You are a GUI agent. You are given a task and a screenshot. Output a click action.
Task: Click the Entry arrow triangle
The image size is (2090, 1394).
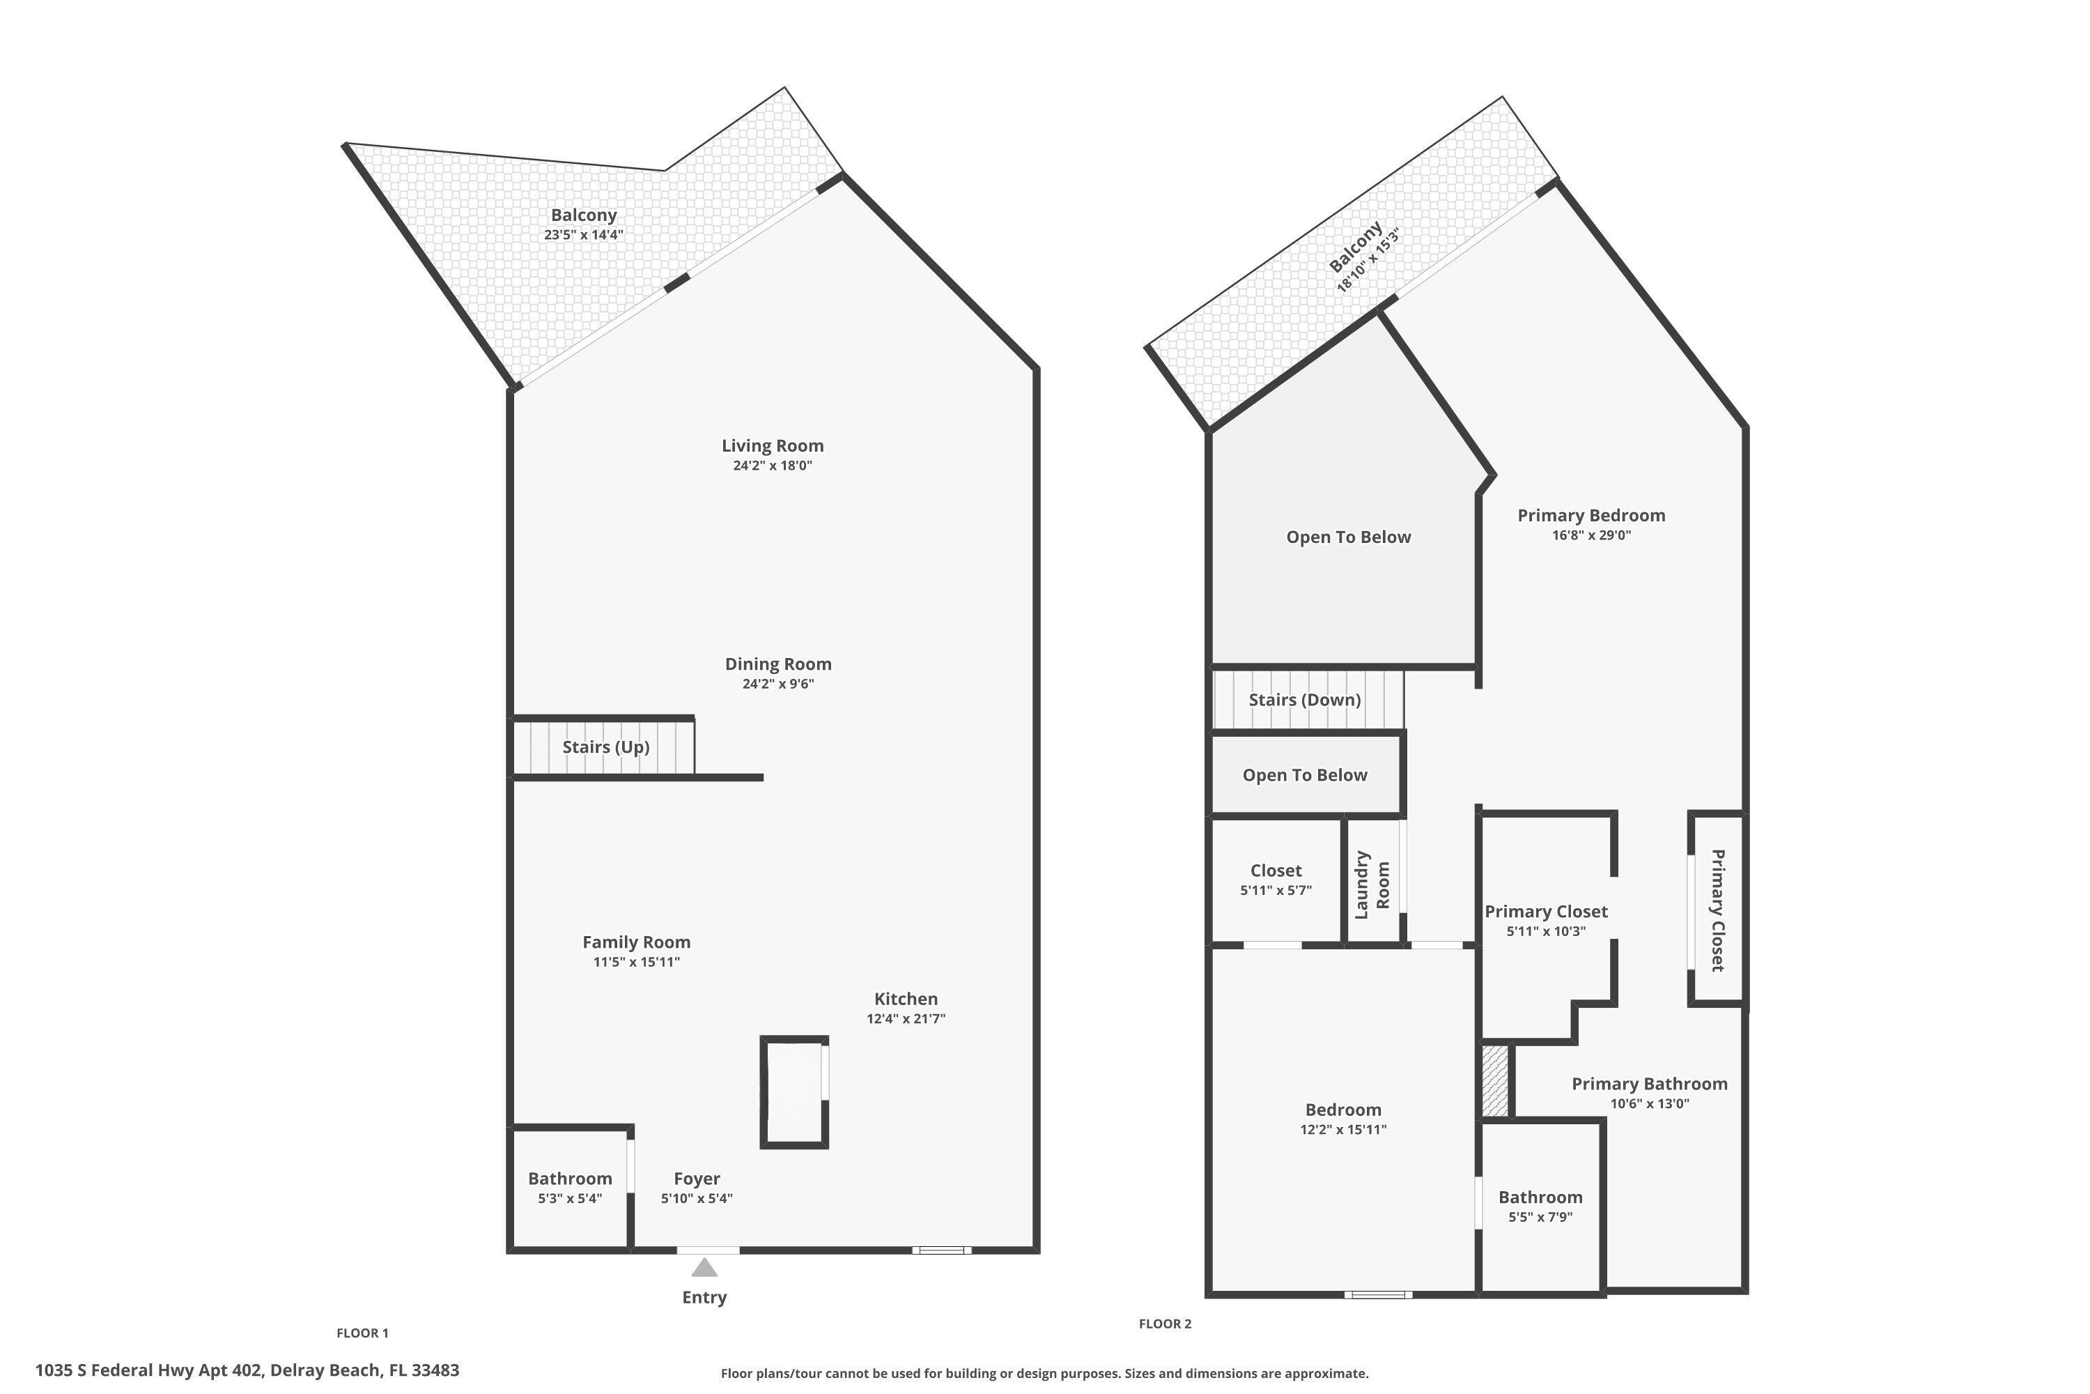704,1267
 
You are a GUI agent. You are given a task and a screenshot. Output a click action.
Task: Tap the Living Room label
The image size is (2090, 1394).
772,445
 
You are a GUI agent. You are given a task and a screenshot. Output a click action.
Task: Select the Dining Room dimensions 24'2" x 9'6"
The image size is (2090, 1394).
777,684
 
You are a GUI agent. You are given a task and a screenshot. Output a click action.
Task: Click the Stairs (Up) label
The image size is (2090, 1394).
606,746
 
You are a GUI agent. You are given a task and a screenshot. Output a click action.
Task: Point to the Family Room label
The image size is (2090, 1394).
636,942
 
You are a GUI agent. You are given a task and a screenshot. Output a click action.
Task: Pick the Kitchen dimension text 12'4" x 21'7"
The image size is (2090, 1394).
906,1019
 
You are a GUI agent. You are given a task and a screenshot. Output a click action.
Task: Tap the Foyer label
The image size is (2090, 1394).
697,1179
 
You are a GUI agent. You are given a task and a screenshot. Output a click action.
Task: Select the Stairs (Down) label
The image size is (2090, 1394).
1304,700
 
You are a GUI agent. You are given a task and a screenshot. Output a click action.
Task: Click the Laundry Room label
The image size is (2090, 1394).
1371,884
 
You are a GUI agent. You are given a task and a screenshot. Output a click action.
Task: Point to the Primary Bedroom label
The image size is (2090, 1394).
1590,516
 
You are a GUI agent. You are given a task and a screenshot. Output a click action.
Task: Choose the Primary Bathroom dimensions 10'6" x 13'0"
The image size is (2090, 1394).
1649,1104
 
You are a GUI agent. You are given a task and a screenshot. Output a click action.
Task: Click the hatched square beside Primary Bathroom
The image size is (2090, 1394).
1496,1081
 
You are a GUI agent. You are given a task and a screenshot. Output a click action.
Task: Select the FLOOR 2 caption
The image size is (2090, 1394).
1165,1324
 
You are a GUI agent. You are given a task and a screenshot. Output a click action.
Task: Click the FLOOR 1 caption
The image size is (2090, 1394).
362,1333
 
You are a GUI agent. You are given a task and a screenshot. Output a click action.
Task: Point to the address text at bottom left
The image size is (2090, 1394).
247,1370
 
